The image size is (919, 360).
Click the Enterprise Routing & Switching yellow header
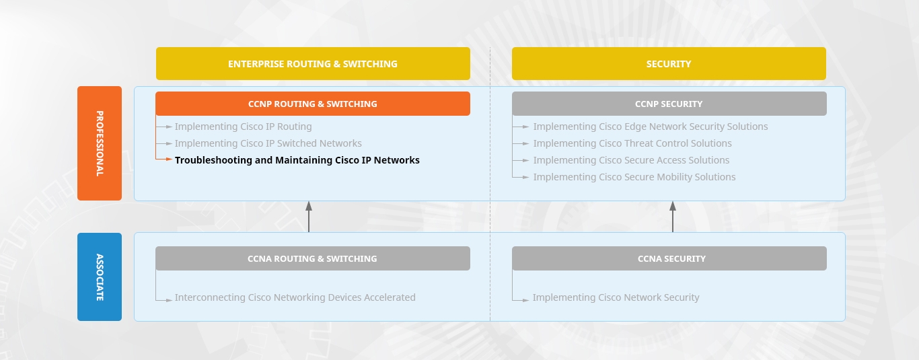(313, 64)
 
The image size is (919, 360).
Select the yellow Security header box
(669, 64)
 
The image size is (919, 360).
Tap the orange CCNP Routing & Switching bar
(313, 104)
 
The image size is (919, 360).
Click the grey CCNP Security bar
(669, 104)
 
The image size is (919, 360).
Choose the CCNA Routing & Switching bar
(313, 258)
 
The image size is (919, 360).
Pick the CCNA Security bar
(669, 258)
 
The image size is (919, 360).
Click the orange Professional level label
(100, 143)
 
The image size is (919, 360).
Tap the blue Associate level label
(100, 277)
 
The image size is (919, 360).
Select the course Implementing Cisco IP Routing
(244, 127)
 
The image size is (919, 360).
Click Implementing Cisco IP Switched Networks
(268, 143)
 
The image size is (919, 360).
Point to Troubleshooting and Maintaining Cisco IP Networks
(297, 160)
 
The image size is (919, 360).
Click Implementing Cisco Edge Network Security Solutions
(651, 127)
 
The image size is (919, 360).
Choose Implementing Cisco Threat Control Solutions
(632, 143)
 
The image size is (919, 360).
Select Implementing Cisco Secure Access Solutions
(631, 160)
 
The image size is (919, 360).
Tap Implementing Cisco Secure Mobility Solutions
(634, 177)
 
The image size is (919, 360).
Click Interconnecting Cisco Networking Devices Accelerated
(295, 297)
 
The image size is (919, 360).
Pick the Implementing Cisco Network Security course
(616, 297)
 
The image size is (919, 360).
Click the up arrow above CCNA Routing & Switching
(309, 217)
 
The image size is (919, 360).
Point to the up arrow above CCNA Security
(673, 217)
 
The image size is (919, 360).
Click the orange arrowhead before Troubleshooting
(169, 159)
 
